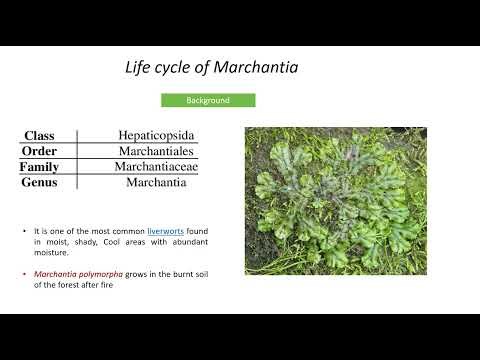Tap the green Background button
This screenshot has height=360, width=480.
point(208,101)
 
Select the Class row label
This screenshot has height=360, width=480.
point(39,136)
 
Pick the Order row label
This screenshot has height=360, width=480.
point(39,151)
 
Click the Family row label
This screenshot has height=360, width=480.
point(39,167)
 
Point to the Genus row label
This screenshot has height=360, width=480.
point(39,183)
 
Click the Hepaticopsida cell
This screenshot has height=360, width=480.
point(155,135)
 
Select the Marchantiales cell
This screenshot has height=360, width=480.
point(155,151)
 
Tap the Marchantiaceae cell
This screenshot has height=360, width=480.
point(155,167)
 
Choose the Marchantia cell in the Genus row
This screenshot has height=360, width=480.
point(155,183)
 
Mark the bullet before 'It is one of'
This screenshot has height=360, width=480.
point(25,230)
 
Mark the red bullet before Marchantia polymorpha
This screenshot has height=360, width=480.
point(25,273)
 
